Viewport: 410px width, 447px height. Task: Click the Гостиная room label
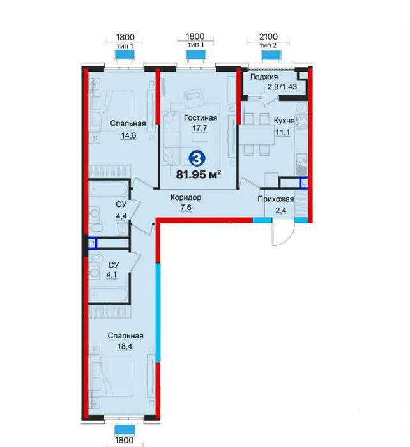coord(201,117)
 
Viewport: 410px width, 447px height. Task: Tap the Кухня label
coord(284,121)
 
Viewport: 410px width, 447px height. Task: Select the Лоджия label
coord(264,77)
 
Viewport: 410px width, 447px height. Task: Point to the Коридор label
coord(186,197)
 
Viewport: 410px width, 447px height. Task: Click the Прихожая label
coord(276,199)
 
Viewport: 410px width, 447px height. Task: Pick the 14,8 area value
coord(129,135)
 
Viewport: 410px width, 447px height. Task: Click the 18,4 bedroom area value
coord(125,347)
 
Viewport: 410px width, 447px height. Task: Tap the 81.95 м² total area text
coord(199,174)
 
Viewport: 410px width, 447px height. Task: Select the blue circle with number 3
coord(197,158)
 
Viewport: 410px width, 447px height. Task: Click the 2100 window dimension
coord(268,36)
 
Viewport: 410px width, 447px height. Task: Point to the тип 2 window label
coord(268,45)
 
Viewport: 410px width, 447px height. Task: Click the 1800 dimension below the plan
coord(125,441)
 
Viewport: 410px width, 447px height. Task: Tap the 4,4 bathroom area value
coord(121,216)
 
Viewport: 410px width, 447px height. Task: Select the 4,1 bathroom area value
coord(114,275)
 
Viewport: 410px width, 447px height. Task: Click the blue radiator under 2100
coord(271,55)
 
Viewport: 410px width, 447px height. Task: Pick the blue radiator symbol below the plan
coord(125,429)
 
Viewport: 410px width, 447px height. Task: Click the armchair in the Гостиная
coord(193,98)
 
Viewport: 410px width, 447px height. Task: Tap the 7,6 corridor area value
coord(186,208)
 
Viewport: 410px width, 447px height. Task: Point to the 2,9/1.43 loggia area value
coord(282,86)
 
